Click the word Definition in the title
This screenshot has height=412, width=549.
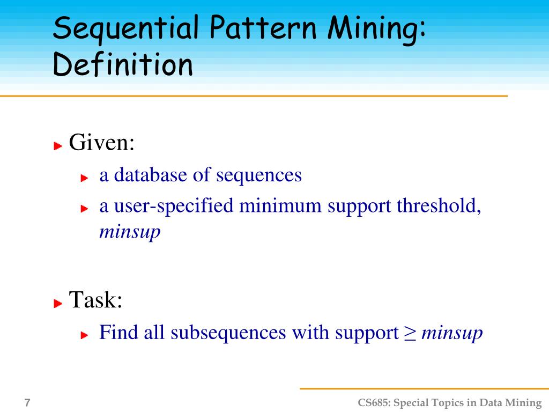[123, 65]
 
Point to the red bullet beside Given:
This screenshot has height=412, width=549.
[58, 145]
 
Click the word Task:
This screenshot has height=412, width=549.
[96, 300]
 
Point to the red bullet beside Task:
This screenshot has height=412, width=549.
[58, 303]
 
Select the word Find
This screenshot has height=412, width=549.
[119, 333]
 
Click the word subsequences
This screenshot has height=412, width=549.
[228, 333]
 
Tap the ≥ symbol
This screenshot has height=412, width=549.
[410, 334]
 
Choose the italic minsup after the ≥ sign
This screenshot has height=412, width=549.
[452, 334]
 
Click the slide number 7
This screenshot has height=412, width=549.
[27, 403]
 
